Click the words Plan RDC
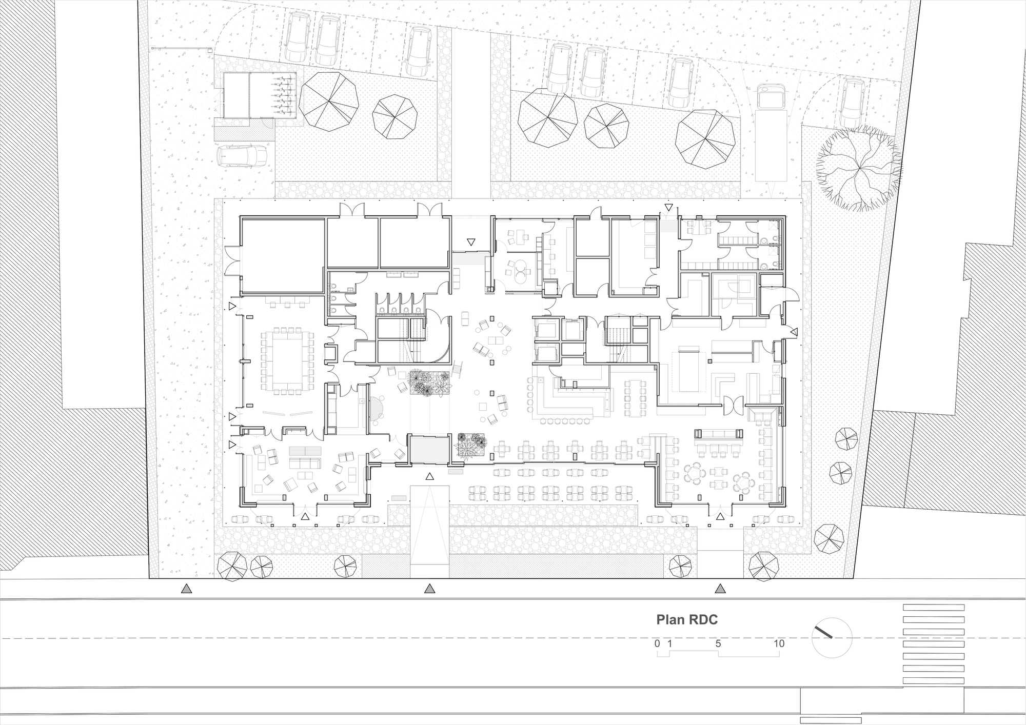(x=687, y=620)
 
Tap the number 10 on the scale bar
(x=779, y=643)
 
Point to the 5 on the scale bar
(x=718, y=643)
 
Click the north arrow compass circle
(x=832, y=638)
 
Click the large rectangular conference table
(x=287, y=359)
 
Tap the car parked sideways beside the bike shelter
(x=242, y=156)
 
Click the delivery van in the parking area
(x=771, y=97)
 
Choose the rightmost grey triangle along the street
(x=721, y=589)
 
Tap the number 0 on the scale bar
(x=657, y=643)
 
